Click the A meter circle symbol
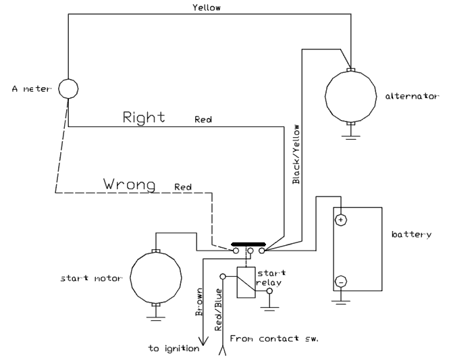(68, 88)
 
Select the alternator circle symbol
(350, 96)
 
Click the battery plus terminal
(341, 220)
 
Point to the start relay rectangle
(245, 282)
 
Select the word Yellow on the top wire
(207, 8)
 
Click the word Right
(144, 117)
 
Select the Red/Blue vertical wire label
(218, 309)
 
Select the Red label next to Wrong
(182, 186)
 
